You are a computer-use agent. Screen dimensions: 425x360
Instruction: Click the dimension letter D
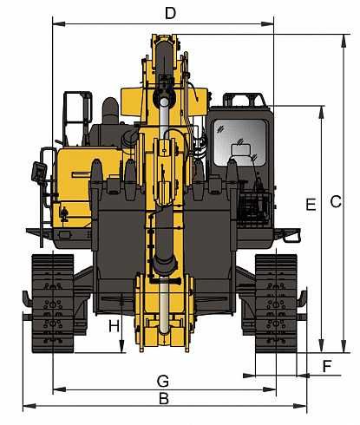170,12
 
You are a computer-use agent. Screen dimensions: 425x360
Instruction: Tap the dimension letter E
310,204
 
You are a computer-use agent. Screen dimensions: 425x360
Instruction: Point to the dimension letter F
326,365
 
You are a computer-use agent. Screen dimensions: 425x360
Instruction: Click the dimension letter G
162,381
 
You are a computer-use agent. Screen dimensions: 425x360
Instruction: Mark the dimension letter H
114,326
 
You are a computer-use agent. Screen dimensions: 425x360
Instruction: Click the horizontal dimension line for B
104,406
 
